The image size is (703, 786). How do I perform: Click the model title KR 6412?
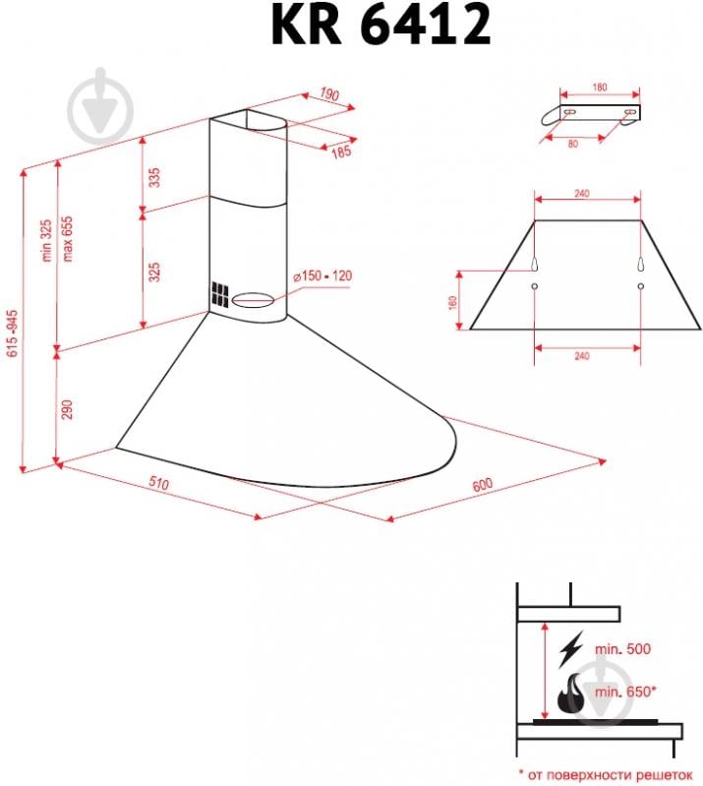381,27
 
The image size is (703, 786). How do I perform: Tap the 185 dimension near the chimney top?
340,152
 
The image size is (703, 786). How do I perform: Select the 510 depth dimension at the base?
159,484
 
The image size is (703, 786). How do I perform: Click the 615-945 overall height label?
13,339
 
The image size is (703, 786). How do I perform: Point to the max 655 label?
69,237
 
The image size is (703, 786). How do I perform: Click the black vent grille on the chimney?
217,295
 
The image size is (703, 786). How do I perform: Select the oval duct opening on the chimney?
255,298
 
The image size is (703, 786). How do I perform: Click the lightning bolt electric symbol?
569,649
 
